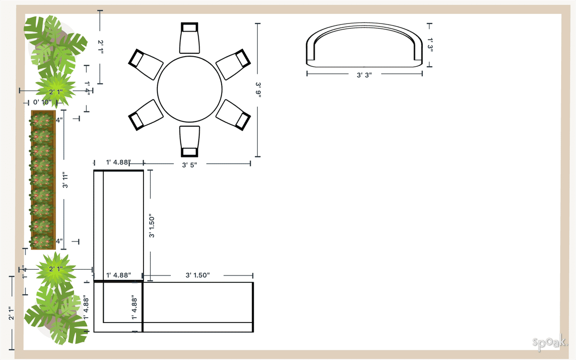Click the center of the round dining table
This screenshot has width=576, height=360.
click(190, 89)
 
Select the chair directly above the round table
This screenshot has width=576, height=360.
click(190, 38)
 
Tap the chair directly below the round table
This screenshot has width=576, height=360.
click(190, 141)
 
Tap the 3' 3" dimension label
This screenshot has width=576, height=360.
click(364, 74)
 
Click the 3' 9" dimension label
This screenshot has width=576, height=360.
click(258, 90)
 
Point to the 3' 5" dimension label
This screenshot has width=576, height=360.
click(190, 165)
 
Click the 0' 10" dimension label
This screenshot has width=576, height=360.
click(43, 102)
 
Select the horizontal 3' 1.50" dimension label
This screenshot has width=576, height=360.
click(198, 275)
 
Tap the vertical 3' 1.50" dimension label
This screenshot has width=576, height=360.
click(152, 226)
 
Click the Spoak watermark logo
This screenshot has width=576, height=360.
click(549, 342)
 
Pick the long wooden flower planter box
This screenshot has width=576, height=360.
click(43, 180)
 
